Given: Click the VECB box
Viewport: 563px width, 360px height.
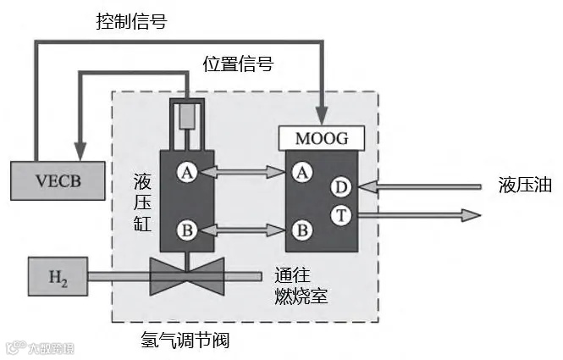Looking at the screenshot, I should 55,180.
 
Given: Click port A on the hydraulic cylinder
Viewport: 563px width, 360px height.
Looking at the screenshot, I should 188,173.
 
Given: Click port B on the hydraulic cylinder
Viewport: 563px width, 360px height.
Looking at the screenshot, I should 188,229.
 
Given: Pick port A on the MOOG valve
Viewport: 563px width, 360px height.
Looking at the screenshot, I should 299,173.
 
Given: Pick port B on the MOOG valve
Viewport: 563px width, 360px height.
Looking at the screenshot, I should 299,229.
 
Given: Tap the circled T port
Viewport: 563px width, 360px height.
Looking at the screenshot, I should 340,215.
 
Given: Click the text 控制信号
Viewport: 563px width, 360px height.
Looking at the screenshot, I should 130,22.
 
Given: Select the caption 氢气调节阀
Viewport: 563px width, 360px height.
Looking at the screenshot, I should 185,341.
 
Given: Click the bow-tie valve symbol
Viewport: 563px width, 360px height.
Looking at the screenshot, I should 186,274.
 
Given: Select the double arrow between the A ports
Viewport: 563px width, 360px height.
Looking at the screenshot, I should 243,173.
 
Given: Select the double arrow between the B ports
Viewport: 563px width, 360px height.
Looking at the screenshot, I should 243,229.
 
